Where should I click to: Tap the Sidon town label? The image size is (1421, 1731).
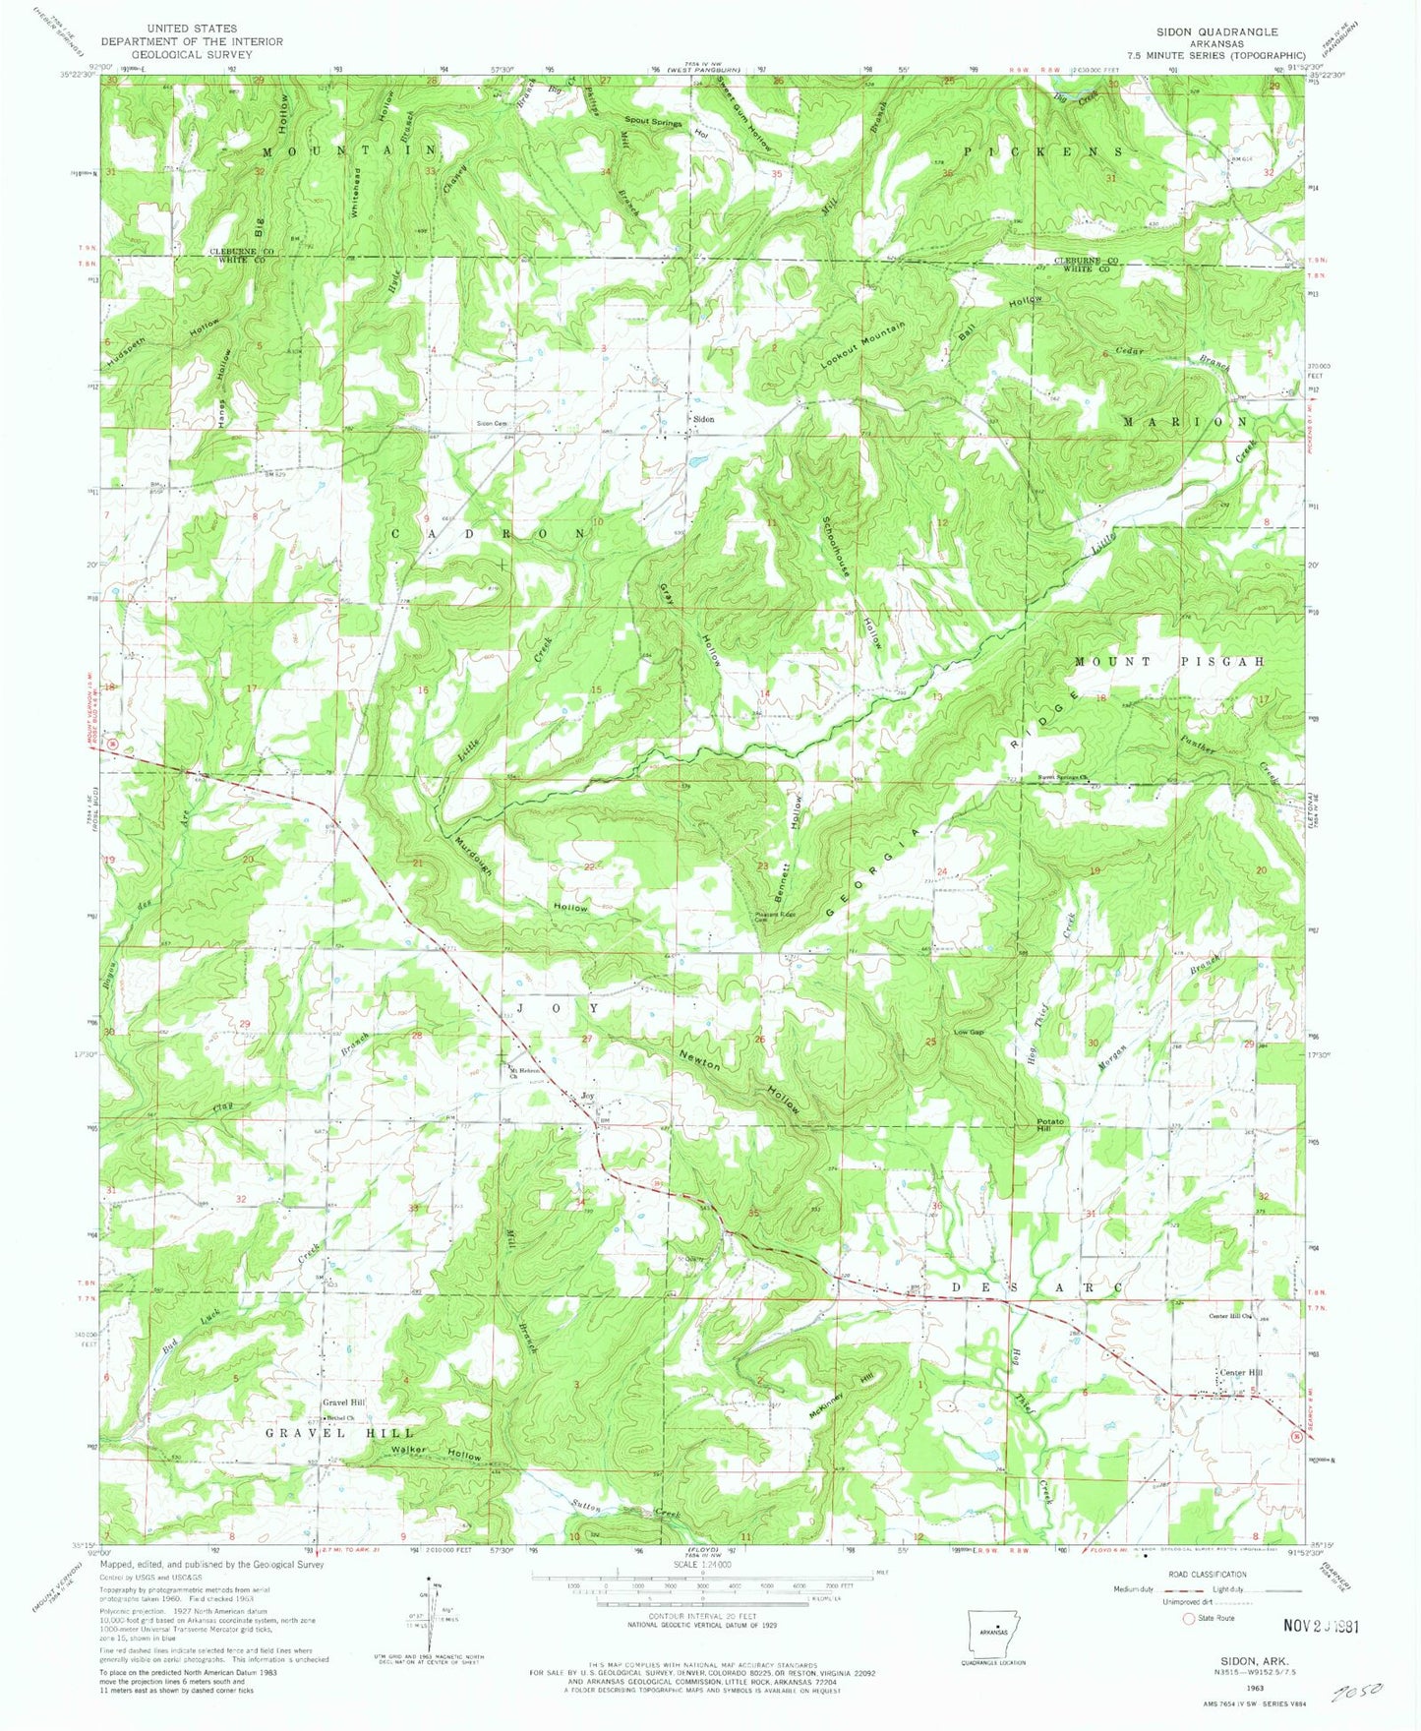pyautogui.click(x=703, y=419)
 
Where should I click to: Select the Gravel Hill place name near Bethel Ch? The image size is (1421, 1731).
pyautogui.click(x=343, y=1403)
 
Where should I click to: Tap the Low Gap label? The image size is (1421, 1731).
pyautogui.click(x=969, y=1032)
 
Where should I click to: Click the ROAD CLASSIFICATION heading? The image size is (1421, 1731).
pyautogui.click(x=1207, y=1574)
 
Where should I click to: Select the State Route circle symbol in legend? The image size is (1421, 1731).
pyautogui.click(x=1189, y=1617)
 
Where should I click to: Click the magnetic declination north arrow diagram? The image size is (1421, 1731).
pyautogui.click(x=430, y=1620)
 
